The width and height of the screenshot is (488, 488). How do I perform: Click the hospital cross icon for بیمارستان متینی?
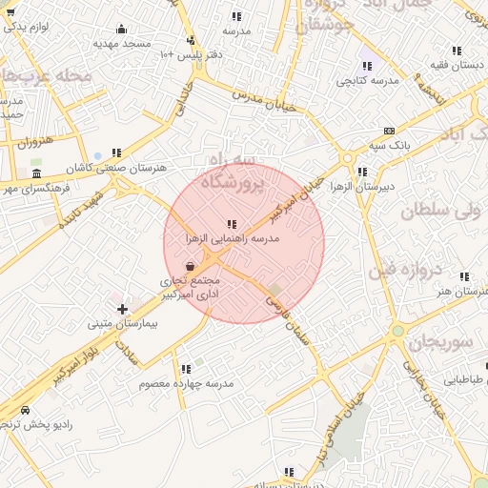122,309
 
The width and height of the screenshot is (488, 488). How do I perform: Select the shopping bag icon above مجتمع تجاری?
191,266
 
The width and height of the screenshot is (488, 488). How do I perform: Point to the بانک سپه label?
390,145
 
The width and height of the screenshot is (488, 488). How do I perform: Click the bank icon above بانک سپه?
389,131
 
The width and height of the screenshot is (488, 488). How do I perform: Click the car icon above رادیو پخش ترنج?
26,411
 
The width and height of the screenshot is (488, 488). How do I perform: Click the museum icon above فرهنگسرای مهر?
36,173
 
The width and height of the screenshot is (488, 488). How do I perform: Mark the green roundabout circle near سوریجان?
397,331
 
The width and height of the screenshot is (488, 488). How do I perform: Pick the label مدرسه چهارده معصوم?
186,383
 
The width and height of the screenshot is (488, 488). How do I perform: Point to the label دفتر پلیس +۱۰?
192,55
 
